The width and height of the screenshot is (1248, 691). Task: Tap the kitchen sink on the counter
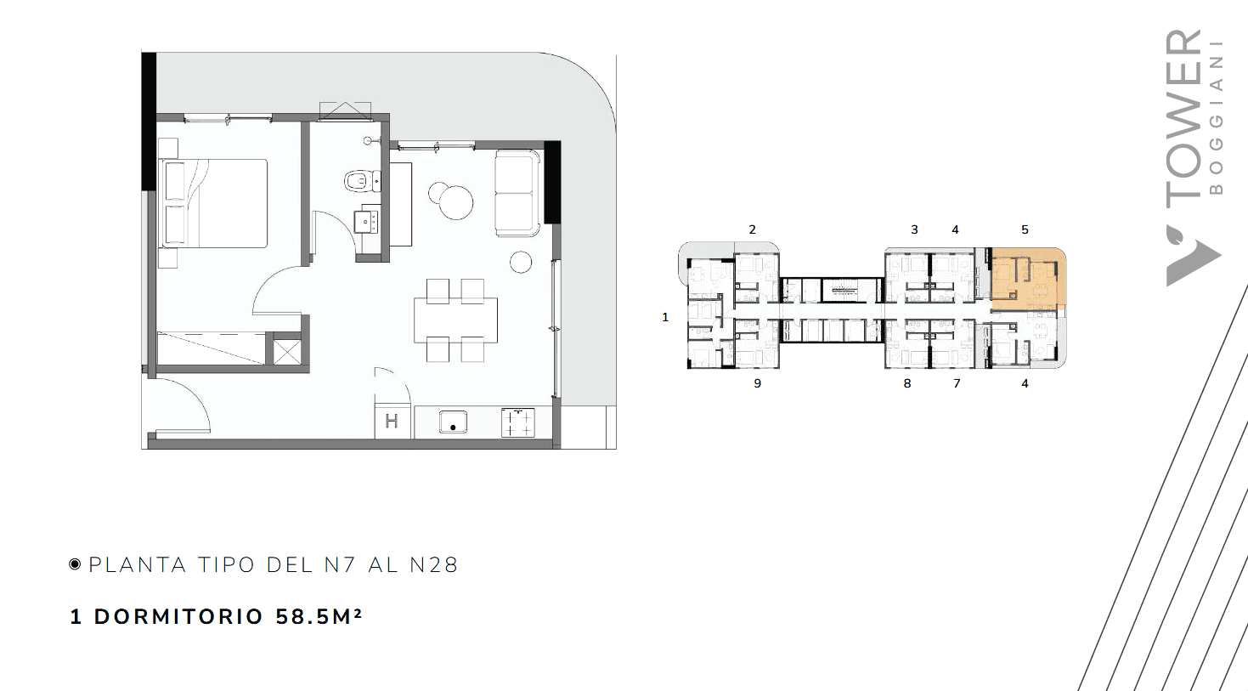453,422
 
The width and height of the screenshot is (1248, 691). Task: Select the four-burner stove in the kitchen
517,422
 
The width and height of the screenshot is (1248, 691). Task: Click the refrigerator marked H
392,422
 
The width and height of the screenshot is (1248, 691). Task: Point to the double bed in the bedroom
213,203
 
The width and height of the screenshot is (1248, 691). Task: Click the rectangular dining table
455,320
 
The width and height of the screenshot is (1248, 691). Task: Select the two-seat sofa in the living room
517,193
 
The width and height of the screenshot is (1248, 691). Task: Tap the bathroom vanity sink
367,221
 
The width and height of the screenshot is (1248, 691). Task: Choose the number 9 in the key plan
757,383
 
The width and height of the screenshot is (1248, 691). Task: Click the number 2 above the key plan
752,229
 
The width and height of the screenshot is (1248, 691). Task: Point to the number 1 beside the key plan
665,317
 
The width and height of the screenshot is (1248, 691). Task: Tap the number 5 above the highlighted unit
1025,229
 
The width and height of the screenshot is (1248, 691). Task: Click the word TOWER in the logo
1183,119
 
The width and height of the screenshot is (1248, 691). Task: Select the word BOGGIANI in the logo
1217,117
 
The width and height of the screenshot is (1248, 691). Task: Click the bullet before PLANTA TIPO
75,564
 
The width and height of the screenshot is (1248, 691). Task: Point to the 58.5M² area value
319,616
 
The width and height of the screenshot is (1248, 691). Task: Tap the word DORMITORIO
178,617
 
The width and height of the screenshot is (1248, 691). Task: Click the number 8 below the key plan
907,383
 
